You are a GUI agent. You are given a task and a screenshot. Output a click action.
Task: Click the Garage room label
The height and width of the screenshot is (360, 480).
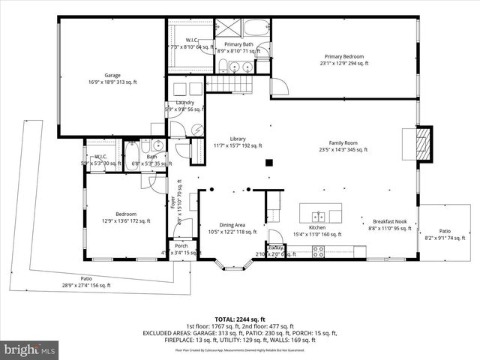pos(112,75)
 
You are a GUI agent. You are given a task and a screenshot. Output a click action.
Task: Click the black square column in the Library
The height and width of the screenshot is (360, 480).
pos(268,162)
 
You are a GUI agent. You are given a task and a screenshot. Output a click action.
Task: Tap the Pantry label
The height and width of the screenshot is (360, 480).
pos(275,247)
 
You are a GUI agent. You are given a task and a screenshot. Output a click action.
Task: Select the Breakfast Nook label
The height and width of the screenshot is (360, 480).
pos(388,221)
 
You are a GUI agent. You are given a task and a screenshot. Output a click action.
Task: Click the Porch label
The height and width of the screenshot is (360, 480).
pos(181,245)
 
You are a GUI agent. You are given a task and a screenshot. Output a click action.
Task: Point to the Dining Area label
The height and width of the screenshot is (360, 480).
pos(232,225)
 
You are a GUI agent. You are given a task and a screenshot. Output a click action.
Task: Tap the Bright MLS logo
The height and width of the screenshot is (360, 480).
pos(30,349)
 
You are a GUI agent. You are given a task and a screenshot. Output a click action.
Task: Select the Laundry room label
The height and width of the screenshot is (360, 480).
pos(185,103)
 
